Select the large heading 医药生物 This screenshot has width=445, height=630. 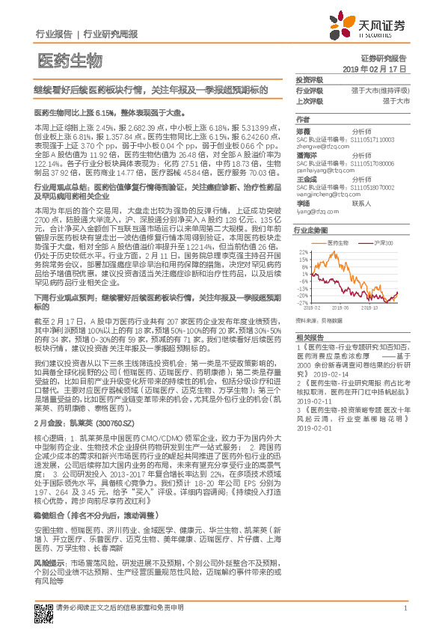point(68,59)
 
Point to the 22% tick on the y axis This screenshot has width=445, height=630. point(304,251)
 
